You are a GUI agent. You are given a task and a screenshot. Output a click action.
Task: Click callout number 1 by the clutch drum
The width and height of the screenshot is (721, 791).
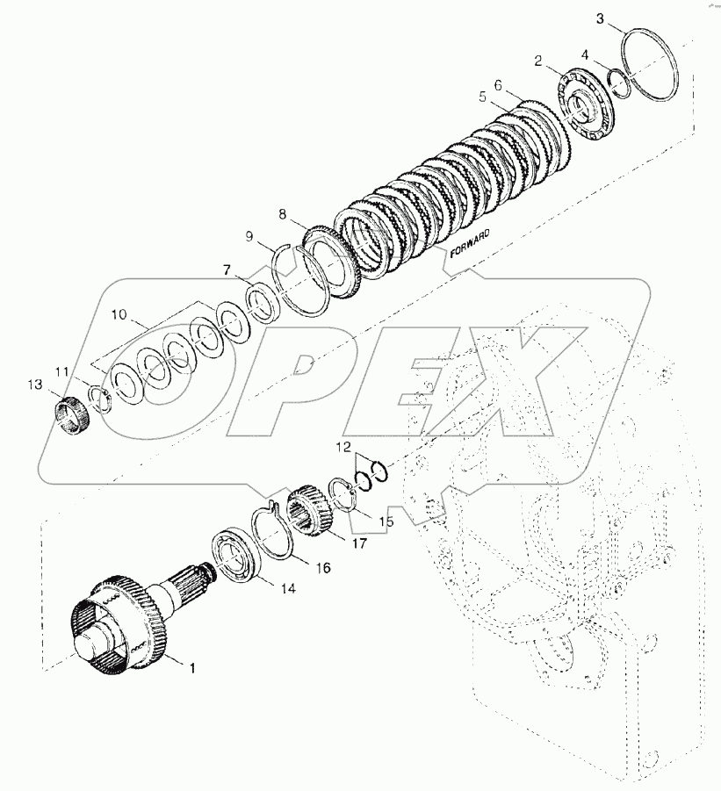[x=191, y=668]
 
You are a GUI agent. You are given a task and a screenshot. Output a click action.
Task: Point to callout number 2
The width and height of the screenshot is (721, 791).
[x=538, y=60]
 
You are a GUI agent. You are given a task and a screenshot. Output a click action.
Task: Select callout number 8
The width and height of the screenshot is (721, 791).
[x=282, y=213]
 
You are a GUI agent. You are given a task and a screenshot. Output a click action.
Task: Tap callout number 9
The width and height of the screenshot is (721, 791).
[x=250, y=236]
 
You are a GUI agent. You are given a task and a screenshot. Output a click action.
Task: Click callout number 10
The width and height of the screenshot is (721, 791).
[x=119, y=313]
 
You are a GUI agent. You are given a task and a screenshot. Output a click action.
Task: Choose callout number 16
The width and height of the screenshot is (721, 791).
[x=298, y=567]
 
